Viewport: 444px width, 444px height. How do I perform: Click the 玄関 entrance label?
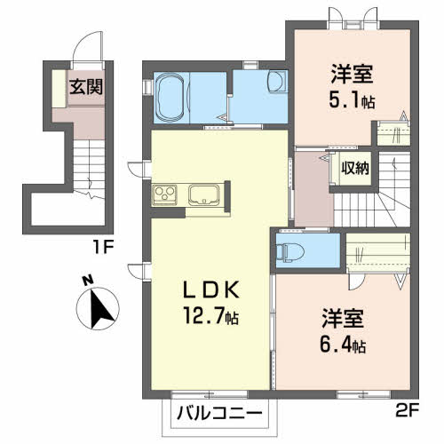pos(86,87)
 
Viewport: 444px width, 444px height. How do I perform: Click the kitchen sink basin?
pos(204,194)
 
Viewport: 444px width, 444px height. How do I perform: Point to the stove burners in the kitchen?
pos(164,194)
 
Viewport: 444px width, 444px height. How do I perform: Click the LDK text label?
pos(211,289)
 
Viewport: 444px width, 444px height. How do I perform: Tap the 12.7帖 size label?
pos(210,315)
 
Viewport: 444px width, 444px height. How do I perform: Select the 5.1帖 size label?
pos(352,99)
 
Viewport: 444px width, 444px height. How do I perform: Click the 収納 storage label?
pos(355,168)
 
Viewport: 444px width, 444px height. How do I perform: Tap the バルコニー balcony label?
pos(219,413)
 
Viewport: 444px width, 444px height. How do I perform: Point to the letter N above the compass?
pos(87,281)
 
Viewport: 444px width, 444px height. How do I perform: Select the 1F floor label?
pos(103,247)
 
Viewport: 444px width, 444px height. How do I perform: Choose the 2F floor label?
pos(407,409)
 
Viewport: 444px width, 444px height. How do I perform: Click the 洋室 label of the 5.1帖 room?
pos(352,74)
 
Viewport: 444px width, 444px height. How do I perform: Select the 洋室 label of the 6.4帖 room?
pos(343,319)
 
